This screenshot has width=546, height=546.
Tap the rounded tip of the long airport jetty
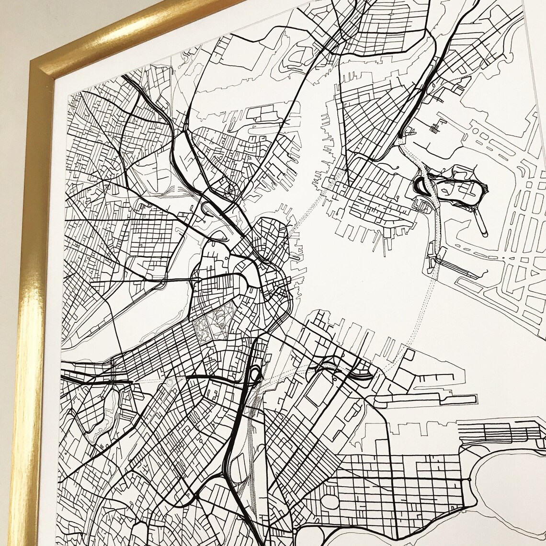point(485,234)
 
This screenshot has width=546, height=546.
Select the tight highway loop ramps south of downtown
point(254,374)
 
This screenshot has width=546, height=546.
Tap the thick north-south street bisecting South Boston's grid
point(391,489)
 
